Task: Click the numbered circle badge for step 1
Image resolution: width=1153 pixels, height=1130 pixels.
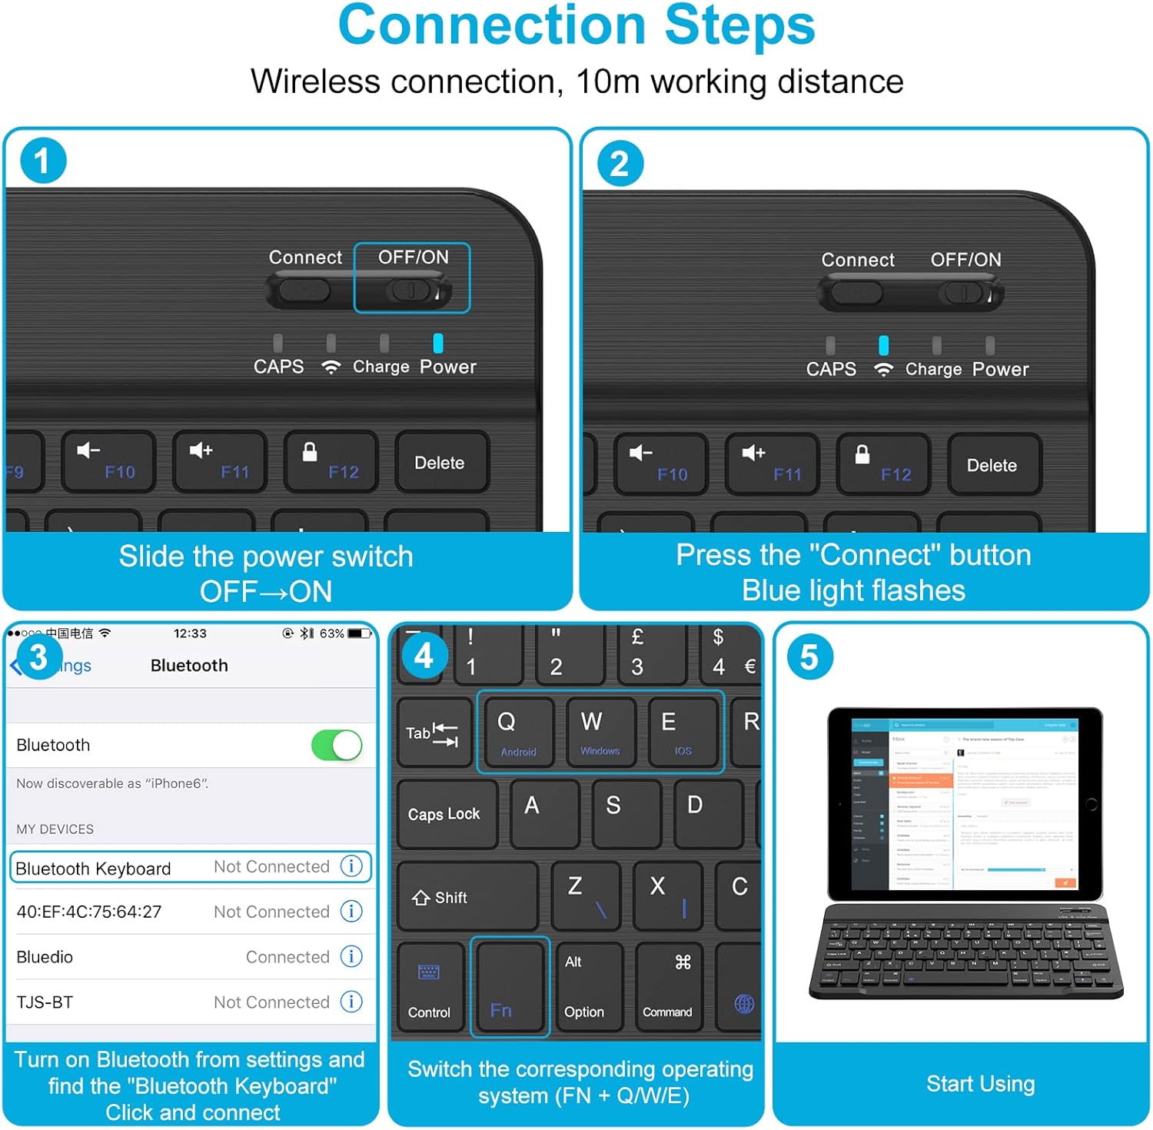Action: point(43,161)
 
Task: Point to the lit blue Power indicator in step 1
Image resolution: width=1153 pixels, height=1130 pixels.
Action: point(438,343)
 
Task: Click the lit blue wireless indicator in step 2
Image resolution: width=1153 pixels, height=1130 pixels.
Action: point(883,345)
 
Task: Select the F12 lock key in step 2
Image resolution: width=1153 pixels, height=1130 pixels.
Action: point(882,464)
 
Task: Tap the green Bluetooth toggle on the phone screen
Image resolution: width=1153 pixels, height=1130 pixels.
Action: point(337,745)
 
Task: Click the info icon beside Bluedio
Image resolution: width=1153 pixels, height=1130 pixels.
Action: point(351,956)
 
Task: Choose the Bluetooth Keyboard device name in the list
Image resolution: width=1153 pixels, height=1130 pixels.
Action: point(93,869)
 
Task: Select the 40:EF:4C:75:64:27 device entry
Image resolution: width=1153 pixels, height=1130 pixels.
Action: point(89,912)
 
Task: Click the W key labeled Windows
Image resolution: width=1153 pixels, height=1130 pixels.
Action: point(600,731)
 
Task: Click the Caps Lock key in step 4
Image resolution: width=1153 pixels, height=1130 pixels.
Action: point(445,814)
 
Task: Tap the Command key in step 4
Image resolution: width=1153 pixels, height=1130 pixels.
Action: point(667,988)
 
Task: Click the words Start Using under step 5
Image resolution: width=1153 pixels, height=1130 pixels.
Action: point(980,1084)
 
